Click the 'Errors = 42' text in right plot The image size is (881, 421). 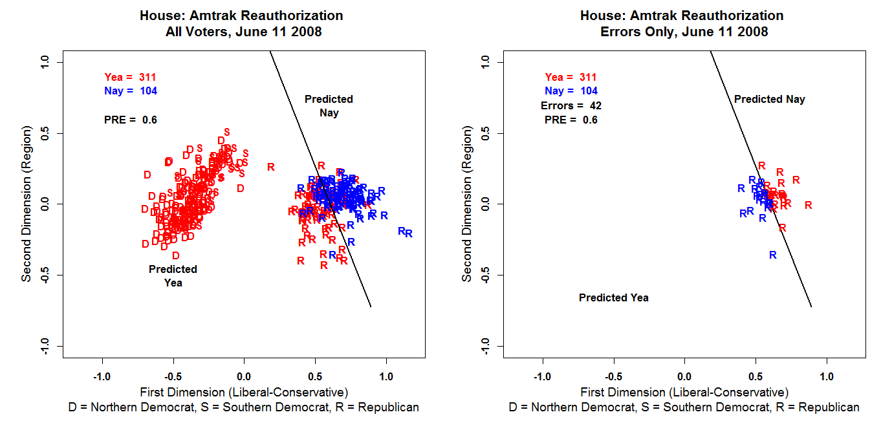pos(571,105)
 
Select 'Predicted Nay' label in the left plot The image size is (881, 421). pos(329,106)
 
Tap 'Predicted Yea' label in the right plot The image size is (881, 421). pos(613,298)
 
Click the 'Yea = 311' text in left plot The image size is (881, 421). pos(130,77)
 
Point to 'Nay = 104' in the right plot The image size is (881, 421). pos(571,91)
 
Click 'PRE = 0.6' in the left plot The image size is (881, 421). pos(130,120)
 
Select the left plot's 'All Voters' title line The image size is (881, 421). pos(241,32)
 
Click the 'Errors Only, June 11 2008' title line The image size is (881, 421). pos(682,32)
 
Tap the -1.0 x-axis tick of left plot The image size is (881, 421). pos(102,376)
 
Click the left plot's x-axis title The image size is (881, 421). pos(244,392)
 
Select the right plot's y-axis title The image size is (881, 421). pos(466,204)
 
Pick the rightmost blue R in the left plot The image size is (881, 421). pos(409,233)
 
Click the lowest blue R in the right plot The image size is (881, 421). pos(772,255)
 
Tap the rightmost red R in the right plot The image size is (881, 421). pos(808,205)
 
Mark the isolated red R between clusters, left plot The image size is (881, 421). pos(270,167)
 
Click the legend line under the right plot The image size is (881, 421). pos(684,407)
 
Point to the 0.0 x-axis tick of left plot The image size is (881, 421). pos(244,376)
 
